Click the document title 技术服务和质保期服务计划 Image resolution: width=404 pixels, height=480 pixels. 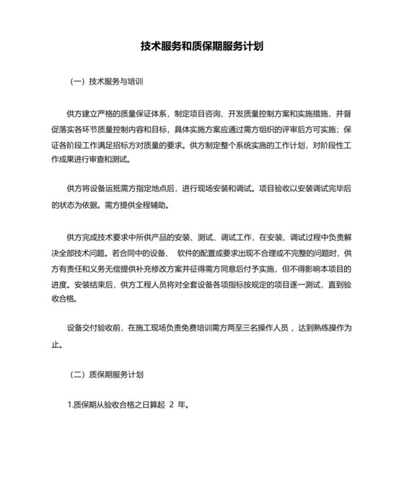point(201,46)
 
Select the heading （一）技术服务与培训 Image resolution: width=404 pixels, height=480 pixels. point(107,82)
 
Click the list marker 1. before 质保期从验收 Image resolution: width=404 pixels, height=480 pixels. point(69,405)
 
